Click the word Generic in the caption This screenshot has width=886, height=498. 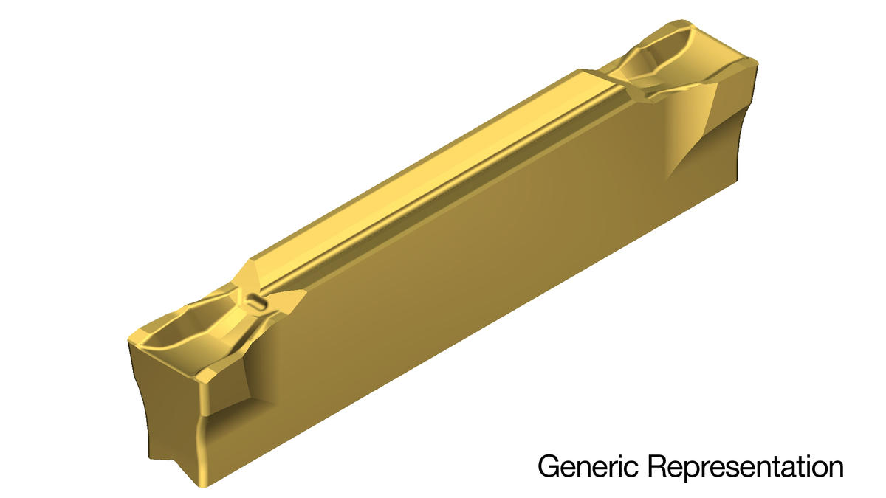click(588, 466)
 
